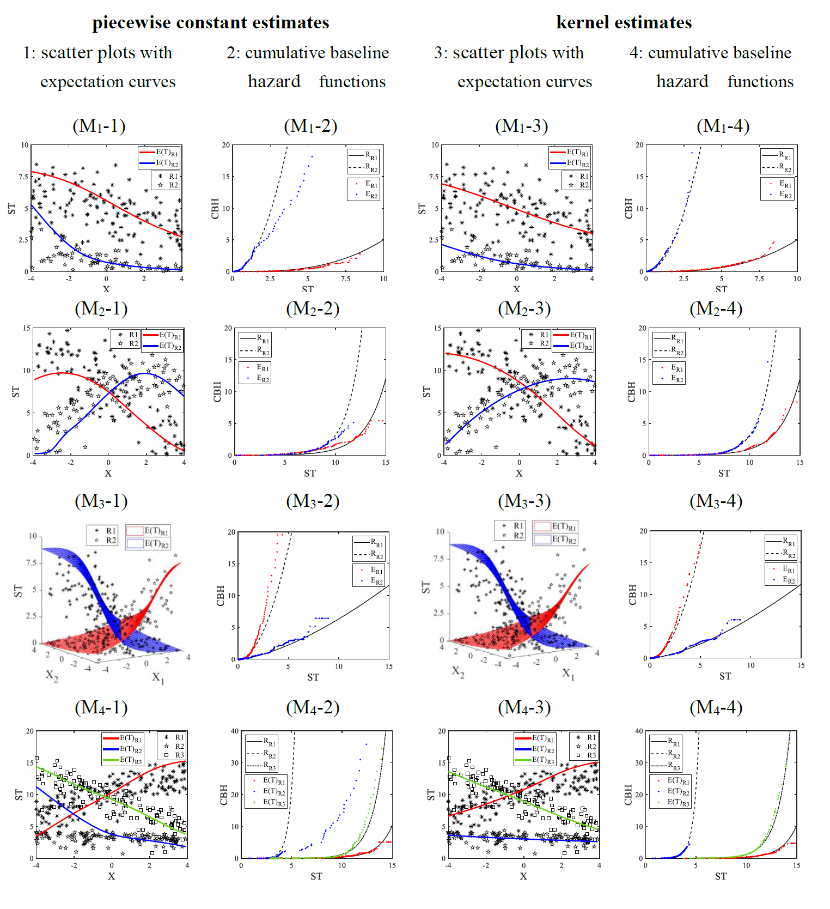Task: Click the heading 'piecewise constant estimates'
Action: click(x=210, y=22)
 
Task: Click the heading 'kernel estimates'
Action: click(x=624, y=22)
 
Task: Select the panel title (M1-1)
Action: click(x=99, y=126)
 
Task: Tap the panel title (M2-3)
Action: click(x=524, y=309)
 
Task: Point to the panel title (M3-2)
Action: click(x=313, y=501)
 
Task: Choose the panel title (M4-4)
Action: click(x=716, y=707)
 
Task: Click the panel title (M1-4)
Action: click(x=723, y=126)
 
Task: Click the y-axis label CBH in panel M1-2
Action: click(x=215, y=209)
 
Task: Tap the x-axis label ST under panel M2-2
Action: click(x=310, y=474)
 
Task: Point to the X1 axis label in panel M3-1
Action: click(x=158, y=677)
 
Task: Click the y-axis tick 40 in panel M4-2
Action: click(x=235, y=731)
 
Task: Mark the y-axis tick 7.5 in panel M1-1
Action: click(x=23, y=177)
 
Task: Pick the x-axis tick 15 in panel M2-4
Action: click(x=800, y=463)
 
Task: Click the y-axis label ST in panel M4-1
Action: click(x=19, y=795)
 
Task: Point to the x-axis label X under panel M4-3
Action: click(x=523, y=876)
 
